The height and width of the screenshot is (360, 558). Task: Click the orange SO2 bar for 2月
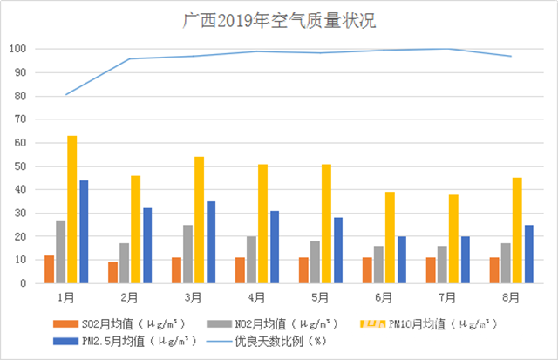tap(113, 273)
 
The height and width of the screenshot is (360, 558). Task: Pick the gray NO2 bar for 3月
tap(188, 254)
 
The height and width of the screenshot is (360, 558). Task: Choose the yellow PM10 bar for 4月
tap(262, 223)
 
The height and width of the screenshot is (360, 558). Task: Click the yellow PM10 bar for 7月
tap(453, 239)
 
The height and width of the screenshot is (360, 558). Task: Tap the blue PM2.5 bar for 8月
tap(528, 254)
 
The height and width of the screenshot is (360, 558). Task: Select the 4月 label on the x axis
tap(257, 296)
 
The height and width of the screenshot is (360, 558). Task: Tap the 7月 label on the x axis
tap(448, 296)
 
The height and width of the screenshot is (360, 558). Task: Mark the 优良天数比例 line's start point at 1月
tap(66, 94)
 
